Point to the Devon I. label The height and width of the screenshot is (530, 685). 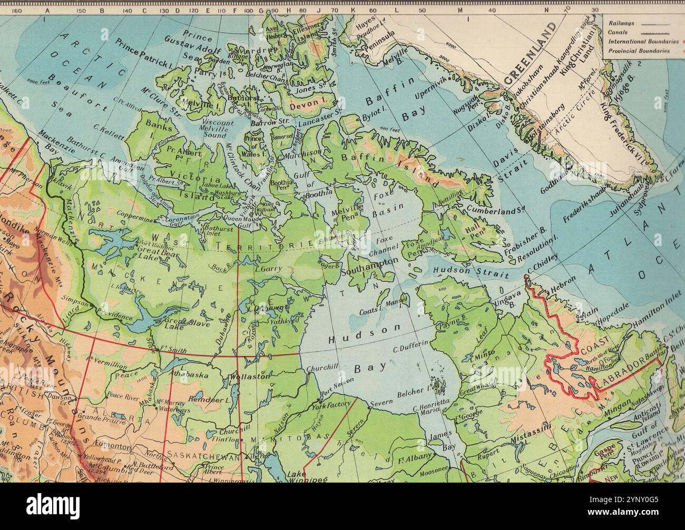pos(304,106)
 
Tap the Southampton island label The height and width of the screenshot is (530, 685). pos(369,267)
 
